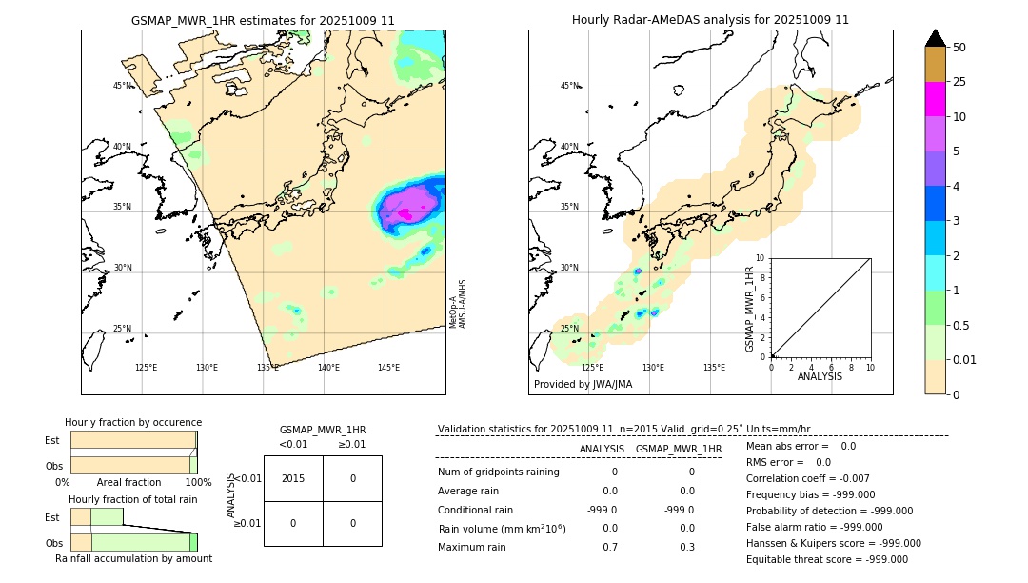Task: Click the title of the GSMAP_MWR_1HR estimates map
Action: [263, 20]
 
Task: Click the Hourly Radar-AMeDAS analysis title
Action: [710, 20]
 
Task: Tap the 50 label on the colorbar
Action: [959, 48]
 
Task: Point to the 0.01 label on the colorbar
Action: [966, 359]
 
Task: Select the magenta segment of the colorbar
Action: [935, 99]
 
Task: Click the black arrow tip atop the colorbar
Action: [936, 37]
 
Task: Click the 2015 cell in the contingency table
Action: [293, 478]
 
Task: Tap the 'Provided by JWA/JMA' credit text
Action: [583, 384]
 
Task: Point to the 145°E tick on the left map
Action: [388, 368]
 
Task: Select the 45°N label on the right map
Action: [569, 86]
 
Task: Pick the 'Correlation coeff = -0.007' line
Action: [806, 478]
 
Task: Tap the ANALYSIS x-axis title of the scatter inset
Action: [820, 377]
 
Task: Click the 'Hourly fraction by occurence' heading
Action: [133, 422]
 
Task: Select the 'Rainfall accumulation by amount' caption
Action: [133, 558]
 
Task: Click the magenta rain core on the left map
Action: [407, 214]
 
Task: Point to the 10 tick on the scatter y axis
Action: [761, 258]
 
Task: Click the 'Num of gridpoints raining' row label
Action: [498, 472]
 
